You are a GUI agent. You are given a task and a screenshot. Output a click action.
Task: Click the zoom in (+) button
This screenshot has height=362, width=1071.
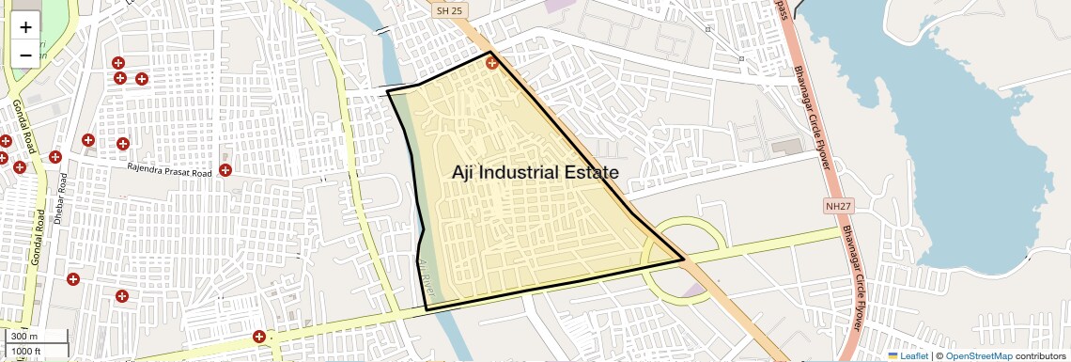[25, 27]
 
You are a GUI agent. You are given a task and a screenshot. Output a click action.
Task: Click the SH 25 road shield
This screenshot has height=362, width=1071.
[449, 10]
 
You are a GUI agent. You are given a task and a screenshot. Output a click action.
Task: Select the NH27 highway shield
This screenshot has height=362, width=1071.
[840, 205]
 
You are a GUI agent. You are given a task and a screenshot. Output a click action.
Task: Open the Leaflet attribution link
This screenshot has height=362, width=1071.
[908, 355]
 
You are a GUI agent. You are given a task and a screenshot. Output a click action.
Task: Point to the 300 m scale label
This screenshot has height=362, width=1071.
[25, 336]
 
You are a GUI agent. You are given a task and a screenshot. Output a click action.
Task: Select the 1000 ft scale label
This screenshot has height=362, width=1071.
[29, 352]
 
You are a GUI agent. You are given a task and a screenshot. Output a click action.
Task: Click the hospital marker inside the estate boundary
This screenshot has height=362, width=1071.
[492, 62]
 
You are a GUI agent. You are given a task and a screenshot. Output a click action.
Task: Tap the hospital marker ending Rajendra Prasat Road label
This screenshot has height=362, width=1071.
[225, 170]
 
